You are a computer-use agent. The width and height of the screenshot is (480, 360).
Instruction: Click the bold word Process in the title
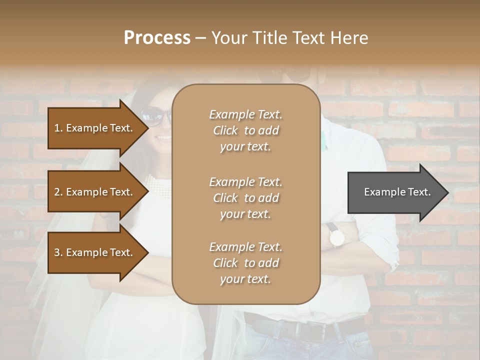tap(157, 38)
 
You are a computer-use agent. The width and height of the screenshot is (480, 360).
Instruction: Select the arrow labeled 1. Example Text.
tap(95, 128)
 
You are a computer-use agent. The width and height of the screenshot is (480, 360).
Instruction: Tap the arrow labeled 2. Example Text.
tap(95, 192)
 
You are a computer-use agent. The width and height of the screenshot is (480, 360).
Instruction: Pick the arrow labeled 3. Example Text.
tap(95, 252)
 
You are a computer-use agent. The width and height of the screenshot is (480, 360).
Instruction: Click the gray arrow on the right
tap(395, 192)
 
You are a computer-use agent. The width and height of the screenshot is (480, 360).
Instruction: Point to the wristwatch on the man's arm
tap(336, 236)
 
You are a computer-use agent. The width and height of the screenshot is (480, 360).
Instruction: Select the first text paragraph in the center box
tap(245, 130)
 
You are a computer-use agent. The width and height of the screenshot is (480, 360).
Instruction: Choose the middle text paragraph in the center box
tap(245, 198)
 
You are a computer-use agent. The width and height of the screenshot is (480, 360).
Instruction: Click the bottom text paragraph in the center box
tap(245, 263)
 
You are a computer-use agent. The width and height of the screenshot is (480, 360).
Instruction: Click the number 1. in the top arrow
tap(58, 128)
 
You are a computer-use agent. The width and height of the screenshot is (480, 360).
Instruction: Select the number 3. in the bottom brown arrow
tap(58, 252)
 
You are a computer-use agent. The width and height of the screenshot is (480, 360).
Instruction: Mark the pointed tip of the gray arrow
tap(447, 192)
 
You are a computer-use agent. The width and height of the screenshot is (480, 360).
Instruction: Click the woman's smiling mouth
tap(162, 136)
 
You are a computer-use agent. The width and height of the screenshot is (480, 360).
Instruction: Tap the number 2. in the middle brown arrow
tap(58, 192)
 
